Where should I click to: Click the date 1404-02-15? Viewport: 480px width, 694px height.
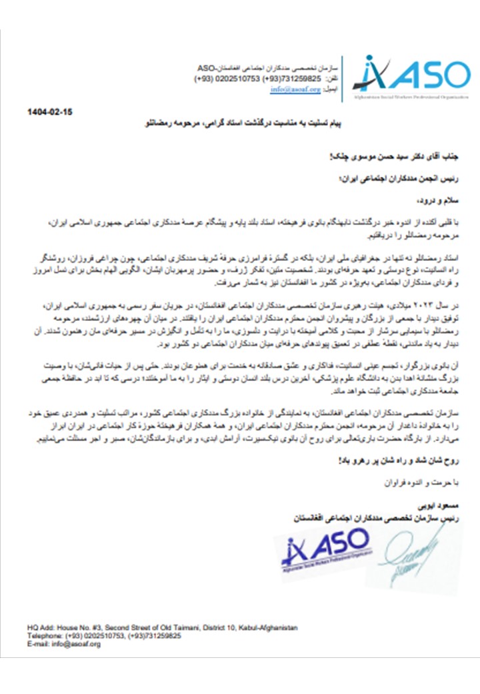pyautogui.click(x=50, y=112)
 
